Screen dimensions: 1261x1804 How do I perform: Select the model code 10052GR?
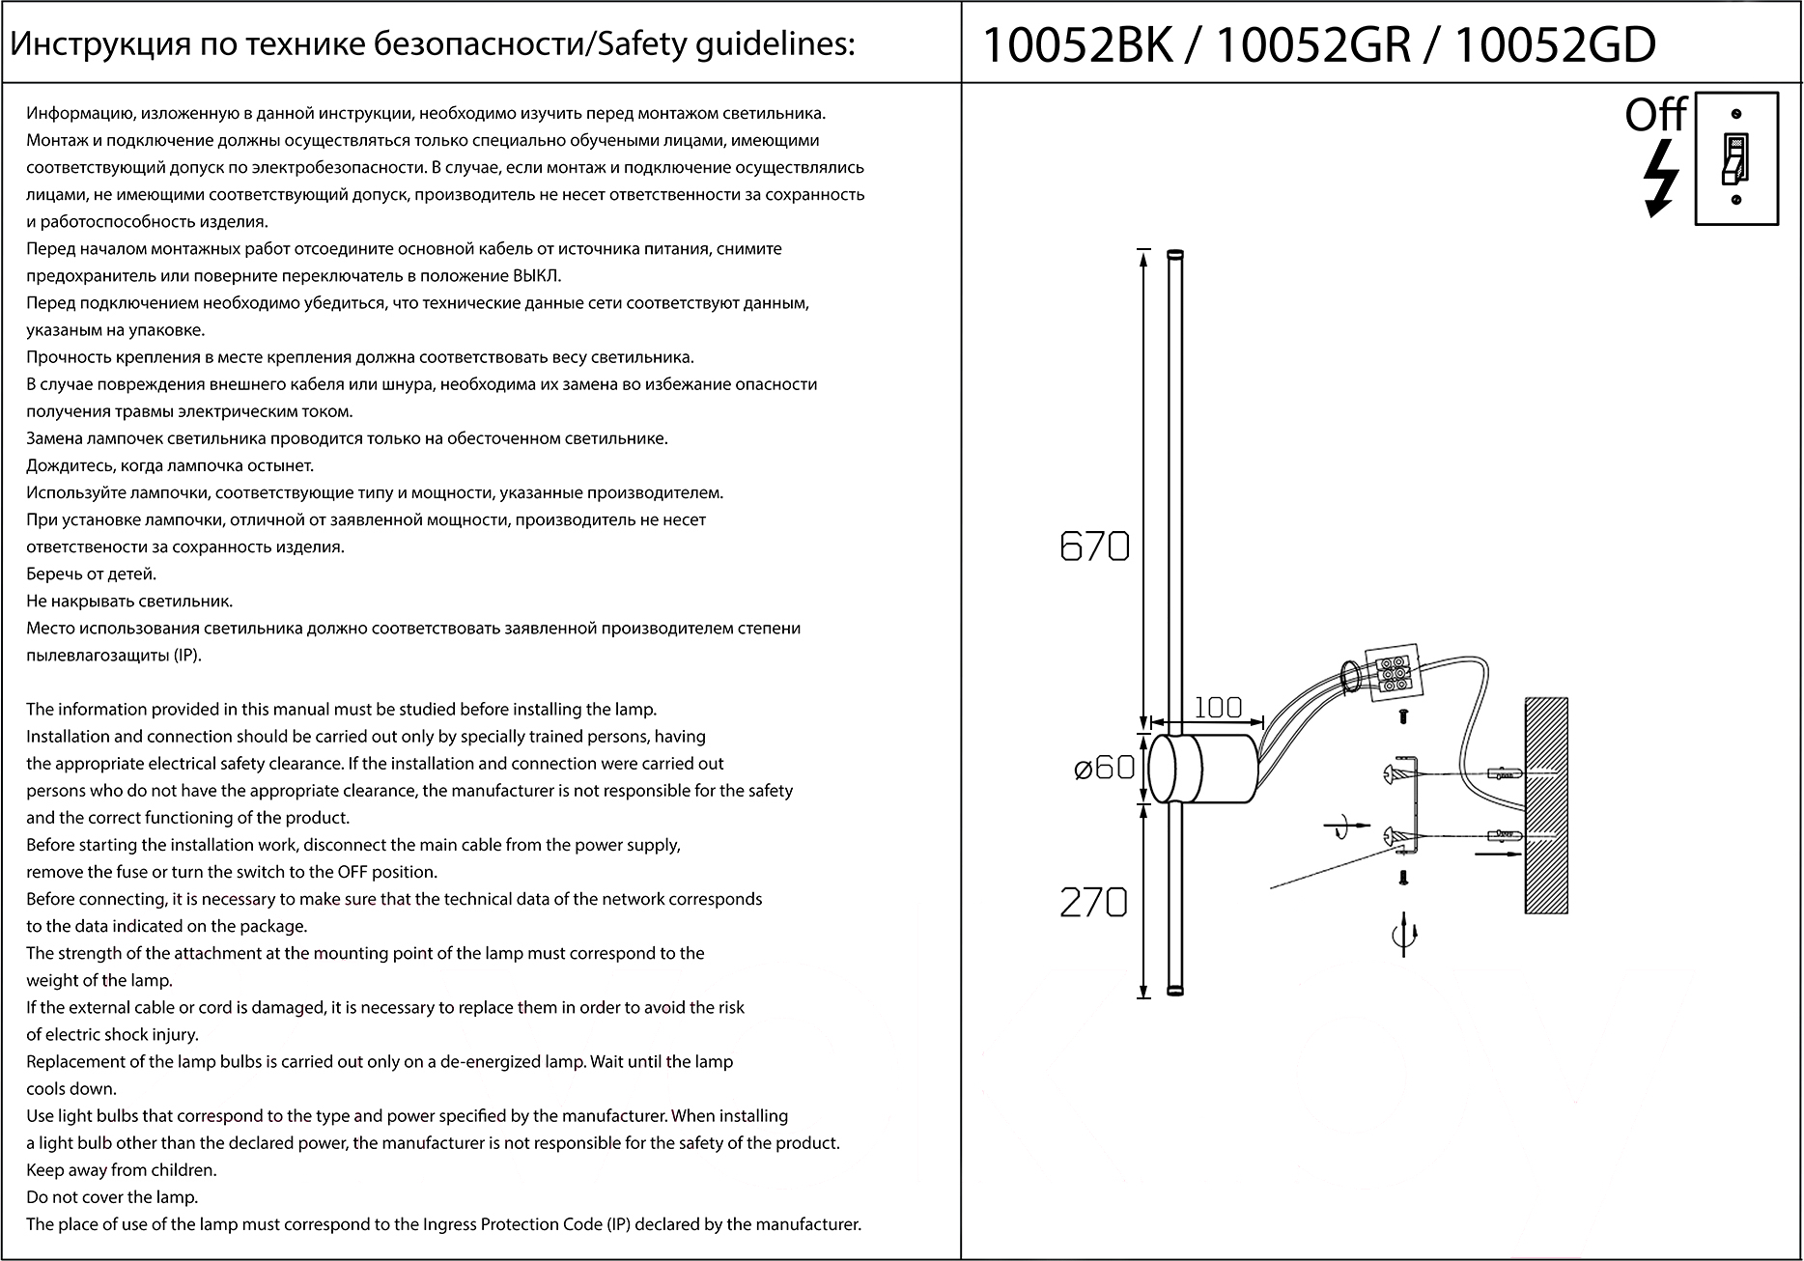(1314, 45)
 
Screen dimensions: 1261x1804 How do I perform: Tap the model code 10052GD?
(1554, 45)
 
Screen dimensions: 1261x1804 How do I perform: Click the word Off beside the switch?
(1654, 115)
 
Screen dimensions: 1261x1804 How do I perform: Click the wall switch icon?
(1736, 159)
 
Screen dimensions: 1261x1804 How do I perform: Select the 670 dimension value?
(1094, 547)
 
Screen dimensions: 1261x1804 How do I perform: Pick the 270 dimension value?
(1093, 903)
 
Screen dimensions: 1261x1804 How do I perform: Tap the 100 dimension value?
(1218, 708)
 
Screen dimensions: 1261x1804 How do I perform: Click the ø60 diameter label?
(1104, 769)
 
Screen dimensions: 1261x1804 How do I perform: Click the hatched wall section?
(1545, 805)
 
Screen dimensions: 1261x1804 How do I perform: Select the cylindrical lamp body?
(1202, 769)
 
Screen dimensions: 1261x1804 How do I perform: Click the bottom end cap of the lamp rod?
(1175, 990)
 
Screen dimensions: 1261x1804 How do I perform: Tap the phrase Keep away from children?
(122, 1170)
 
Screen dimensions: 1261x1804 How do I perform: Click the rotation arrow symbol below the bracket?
(1403, 935)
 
